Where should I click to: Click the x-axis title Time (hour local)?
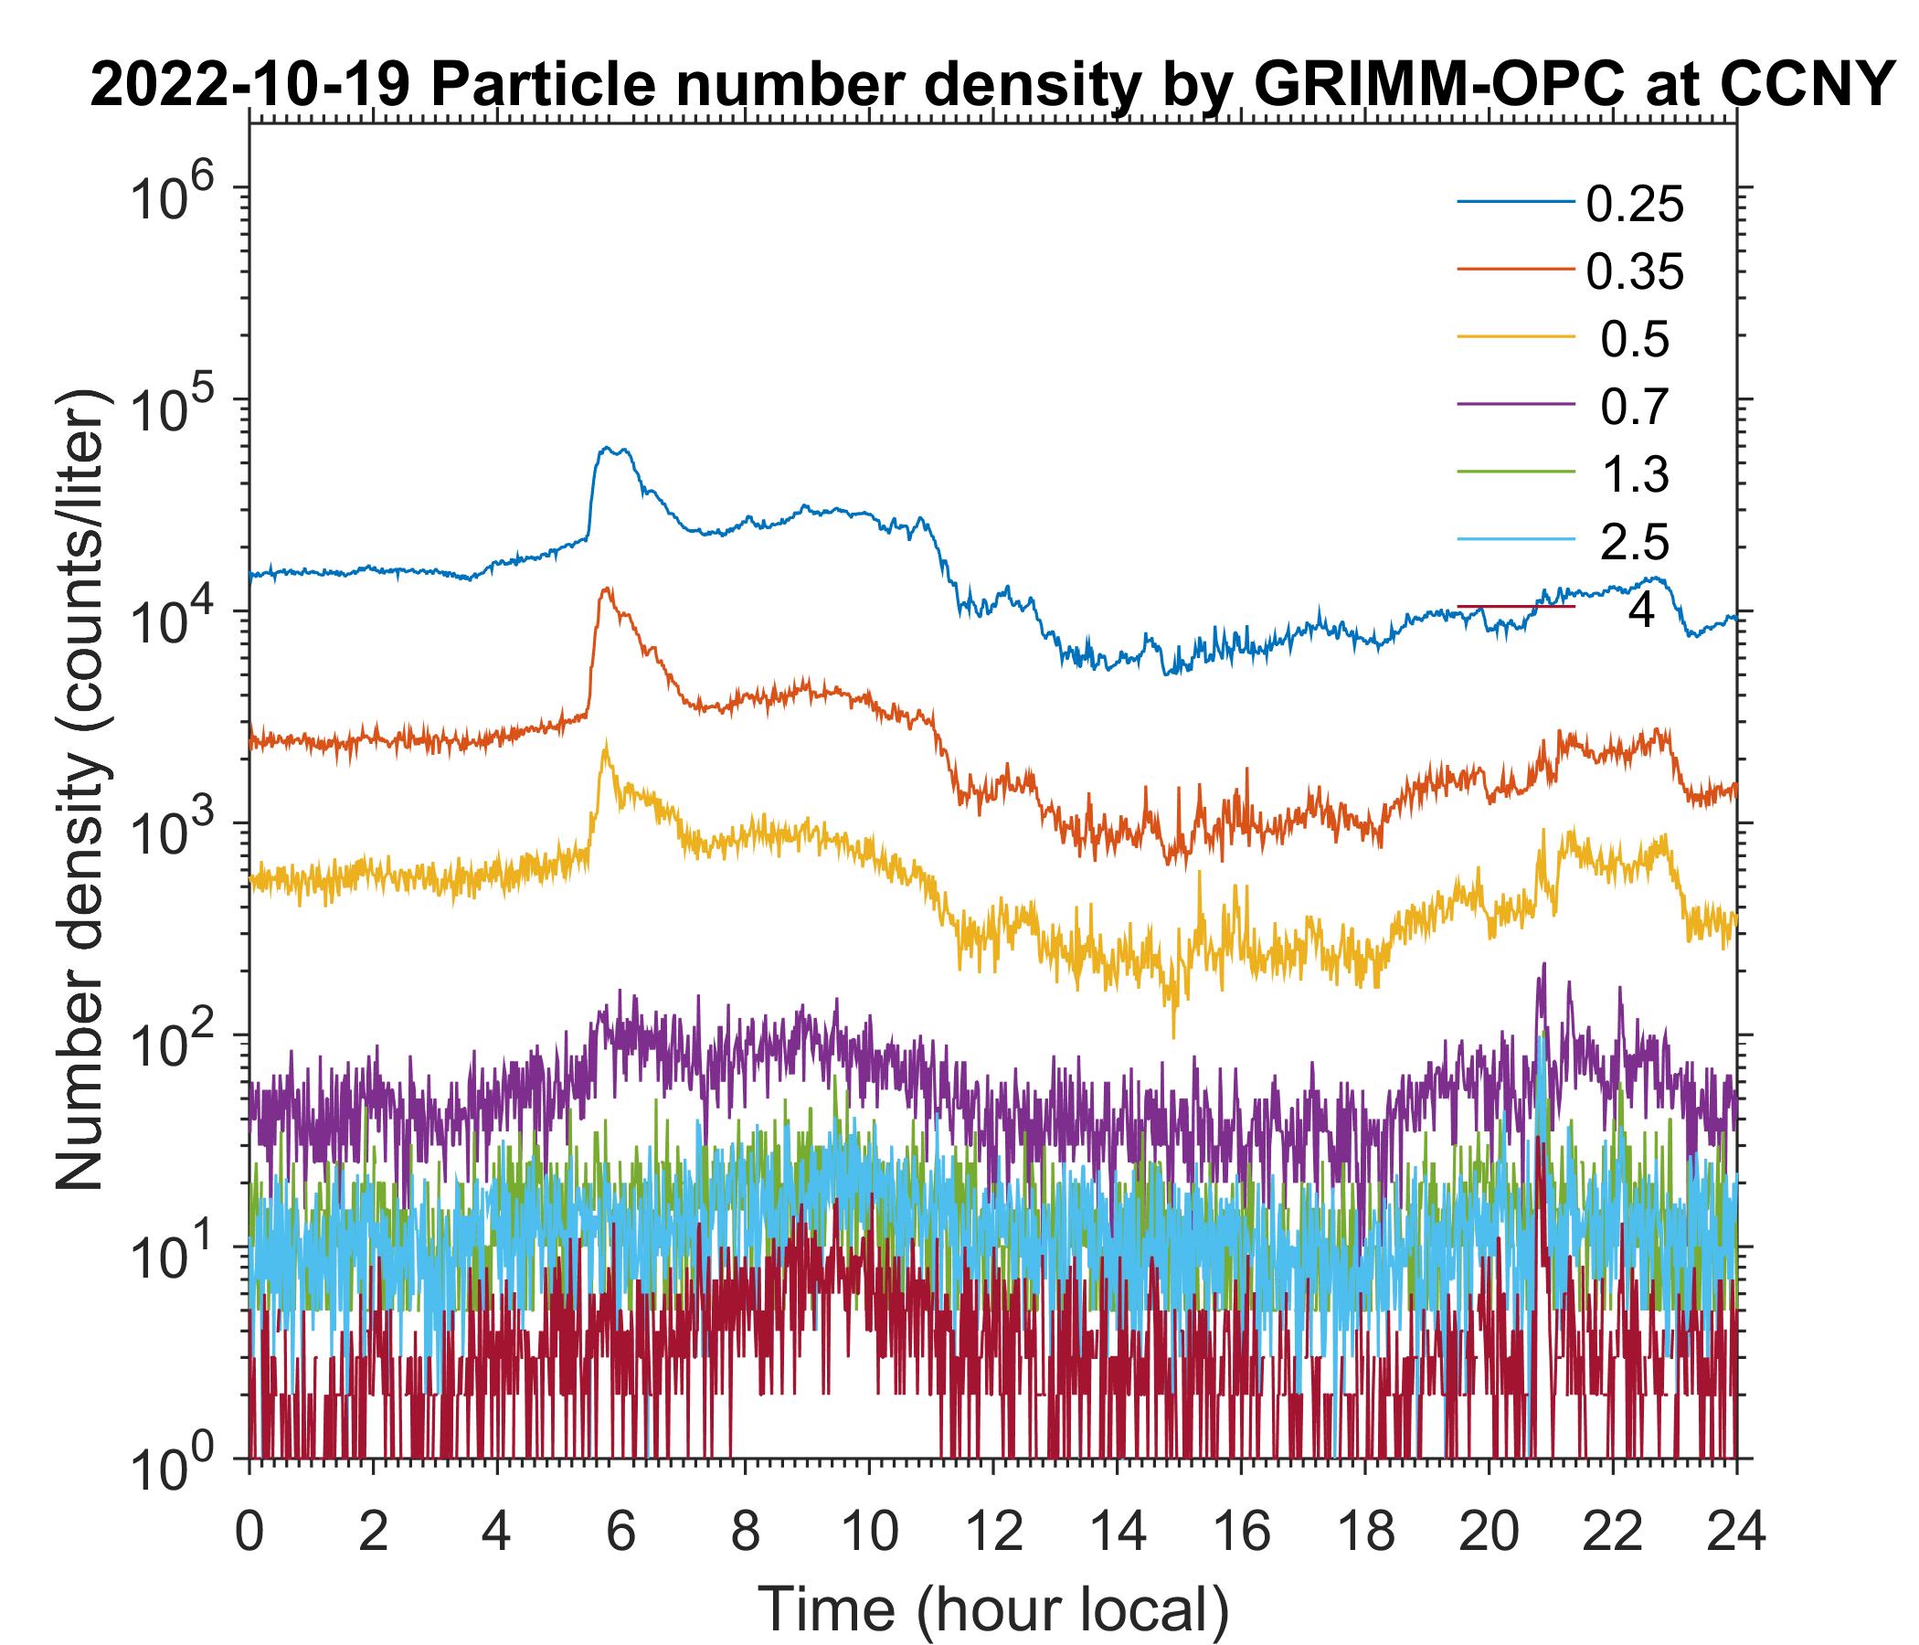pos(994,1609)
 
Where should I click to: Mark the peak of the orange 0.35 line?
pos(607,589)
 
